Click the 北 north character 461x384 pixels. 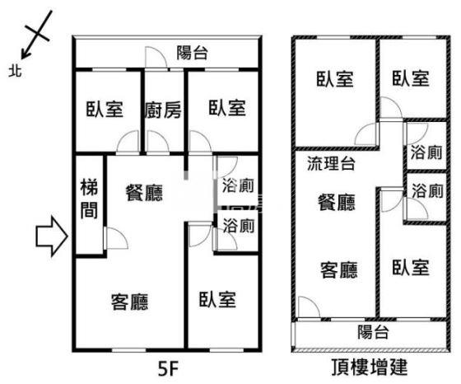[16, 71]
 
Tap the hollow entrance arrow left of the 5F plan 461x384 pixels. [52, 236]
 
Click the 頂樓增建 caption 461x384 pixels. [370, 367]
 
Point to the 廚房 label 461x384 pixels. [163, 110]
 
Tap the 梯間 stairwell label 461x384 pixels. [89, 199]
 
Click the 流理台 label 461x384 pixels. [331, 163]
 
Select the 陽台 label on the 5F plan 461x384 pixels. [193, 53]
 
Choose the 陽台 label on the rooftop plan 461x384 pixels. [374, 331]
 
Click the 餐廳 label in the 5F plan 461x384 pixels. [144, 193]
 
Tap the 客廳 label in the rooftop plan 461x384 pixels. [338, 269]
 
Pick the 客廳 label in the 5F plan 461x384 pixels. [130, 302]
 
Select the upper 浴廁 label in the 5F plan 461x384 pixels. [238, 185]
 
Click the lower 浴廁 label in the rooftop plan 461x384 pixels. [427, 190]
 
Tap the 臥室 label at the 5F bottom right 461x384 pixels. [217, 300]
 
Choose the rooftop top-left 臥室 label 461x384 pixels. [335, 79]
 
